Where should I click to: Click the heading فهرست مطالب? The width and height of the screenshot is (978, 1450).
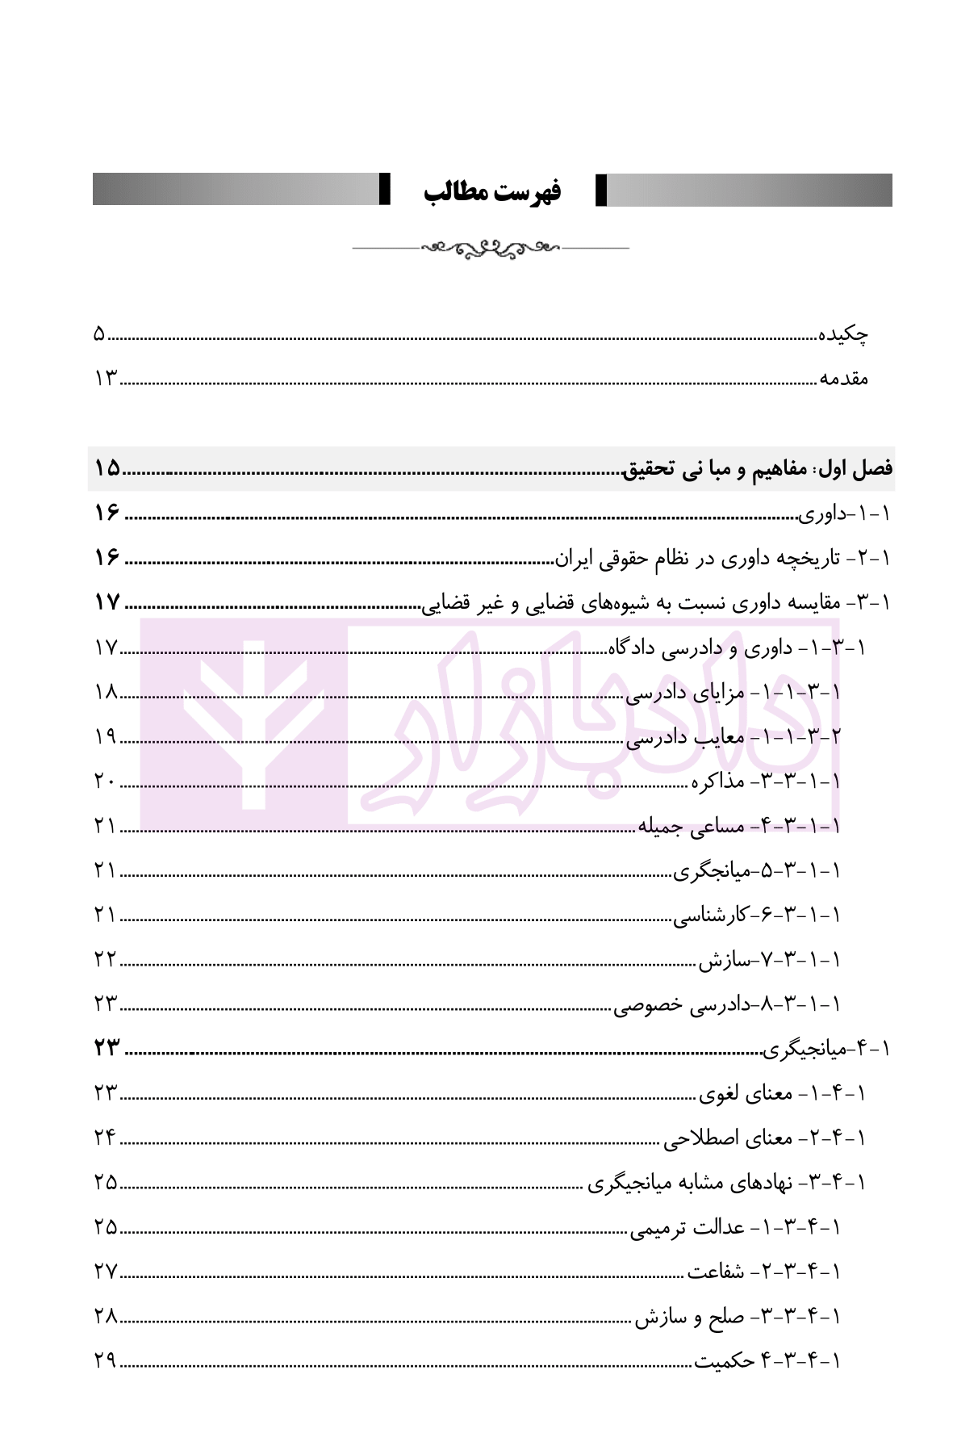pyautogui.click(x=492, y=192)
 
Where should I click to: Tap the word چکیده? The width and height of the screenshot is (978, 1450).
pyautogui.click(x=844, y=334)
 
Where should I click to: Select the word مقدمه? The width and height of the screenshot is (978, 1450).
pyautogui.click(x=844, y=378)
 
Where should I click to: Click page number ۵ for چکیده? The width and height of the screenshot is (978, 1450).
pyautogui.click(x=99, y=334)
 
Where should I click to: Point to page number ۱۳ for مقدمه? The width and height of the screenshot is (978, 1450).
pyautogui.click(x=106, y=378)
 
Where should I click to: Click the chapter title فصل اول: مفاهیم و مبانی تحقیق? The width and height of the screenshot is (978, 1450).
pyautogui.click(x=759, y=469)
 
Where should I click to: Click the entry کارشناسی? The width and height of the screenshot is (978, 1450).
pyautogui.click(x=711, y=915)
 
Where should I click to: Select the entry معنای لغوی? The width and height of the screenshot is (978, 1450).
pyautogui.click(x=746, y=1094)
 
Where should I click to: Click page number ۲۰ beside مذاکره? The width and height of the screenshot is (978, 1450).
pyautogui.click(x=106, y=781)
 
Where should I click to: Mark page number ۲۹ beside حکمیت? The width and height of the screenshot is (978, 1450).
pyautogui.click(x=106, y=1361)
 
